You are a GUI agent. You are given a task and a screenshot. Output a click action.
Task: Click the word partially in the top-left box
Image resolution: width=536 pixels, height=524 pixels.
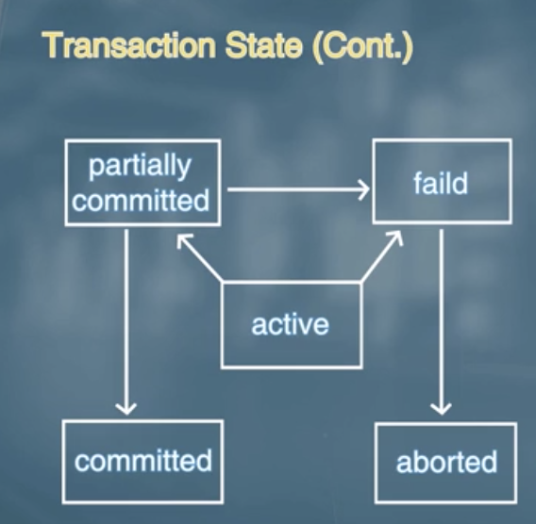click(139, 166)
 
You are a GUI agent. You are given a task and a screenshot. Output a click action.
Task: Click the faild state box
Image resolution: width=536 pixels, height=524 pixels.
click(442, 182)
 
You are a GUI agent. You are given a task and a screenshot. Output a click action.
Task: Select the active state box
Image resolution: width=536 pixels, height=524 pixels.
click(291, 324)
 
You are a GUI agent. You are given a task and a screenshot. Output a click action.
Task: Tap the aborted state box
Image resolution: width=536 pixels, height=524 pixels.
click(445, 462)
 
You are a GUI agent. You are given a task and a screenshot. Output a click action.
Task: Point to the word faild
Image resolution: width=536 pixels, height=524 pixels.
click(441, 182)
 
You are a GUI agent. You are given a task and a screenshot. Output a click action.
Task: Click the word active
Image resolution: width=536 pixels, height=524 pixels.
click(291, 325)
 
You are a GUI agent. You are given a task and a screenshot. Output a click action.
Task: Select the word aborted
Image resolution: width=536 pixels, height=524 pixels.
click(446, 463)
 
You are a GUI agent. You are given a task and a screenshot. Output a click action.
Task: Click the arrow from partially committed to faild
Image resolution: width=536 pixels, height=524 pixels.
click(296, 190)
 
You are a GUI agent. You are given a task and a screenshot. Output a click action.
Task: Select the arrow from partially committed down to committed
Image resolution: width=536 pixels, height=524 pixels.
click(126, 320)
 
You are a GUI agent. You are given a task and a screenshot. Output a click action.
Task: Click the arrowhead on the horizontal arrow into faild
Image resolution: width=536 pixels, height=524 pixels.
click(360, 190)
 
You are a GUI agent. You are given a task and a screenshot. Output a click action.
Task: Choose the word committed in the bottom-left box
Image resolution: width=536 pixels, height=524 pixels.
click(143, 462)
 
